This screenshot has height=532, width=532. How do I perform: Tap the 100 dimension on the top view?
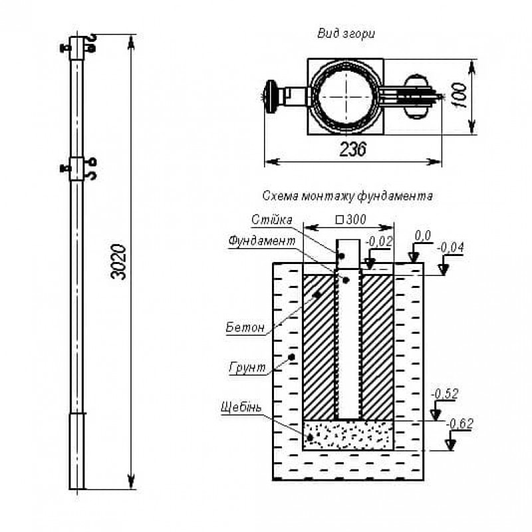458,94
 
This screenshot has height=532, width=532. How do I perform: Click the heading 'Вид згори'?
346,33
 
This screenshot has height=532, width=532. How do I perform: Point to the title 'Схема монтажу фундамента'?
348,197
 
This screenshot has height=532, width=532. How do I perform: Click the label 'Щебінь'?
243,406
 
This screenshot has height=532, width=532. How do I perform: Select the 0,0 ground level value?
423,236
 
